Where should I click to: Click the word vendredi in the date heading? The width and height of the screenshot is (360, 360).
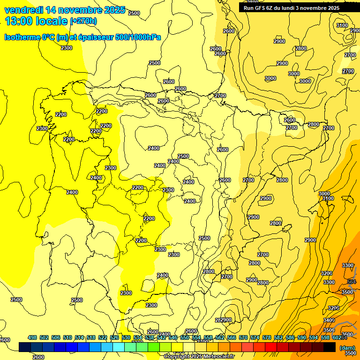pyautogui.click(x=24, y=10)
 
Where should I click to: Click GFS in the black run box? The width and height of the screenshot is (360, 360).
pyautogui.click(x=261, y=8)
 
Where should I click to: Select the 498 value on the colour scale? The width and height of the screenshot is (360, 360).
pyautogui.click(x=32, y=337)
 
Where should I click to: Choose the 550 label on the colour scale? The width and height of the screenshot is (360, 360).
pyautogui.click(x=185, y=337)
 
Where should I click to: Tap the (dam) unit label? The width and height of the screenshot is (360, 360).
pyautogui.click(x=347, y=347)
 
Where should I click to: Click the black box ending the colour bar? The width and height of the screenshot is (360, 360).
pyautogui.click(x=330, y=347)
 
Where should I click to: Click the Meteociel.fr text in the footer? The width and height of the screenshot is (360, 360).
pyautogui.click(x=218, y=357)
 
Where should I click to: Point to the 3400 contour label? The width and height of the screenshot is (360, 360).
pyautogui.click(x=329, y=320)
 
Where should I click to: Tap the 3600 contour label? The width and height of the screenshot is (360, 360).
pyautogui.click(x=347, y=334)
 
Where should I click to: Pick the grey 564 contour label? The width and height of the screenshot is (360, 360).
pyautogui.click(x=352, y=282)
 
